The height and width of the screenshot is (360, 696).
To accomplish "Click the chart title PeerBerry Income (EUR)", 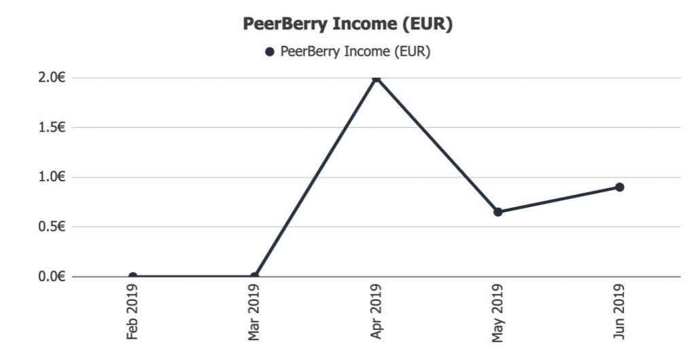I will tap(348, 24).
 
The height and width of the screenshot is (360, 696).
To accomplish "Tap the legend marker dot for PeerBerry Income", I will tap(270, 52).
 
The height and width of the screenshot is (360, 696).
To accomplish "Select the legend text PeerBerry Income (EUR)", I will tap(355, 52).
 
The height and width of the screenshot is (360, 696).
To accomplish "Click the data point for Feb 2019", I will tap(133, 276).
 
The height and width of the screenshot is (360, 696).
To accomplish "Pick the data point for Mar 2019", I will tap(254, 276).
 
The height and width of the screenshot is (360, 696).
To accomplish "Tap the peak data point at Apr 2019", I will tap(377, 78).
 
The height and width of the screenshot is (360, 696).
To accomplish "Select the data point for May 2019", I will tap(498, 212).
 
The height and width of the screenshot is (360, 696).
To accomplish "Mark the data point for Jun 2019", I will tap(620, 187).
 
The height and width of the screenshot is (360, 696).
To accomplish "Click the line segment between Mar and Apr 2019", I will tap(315, 177).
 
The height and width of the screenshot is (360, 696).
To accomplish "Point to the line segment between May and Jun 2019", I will tap(559, 200).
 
